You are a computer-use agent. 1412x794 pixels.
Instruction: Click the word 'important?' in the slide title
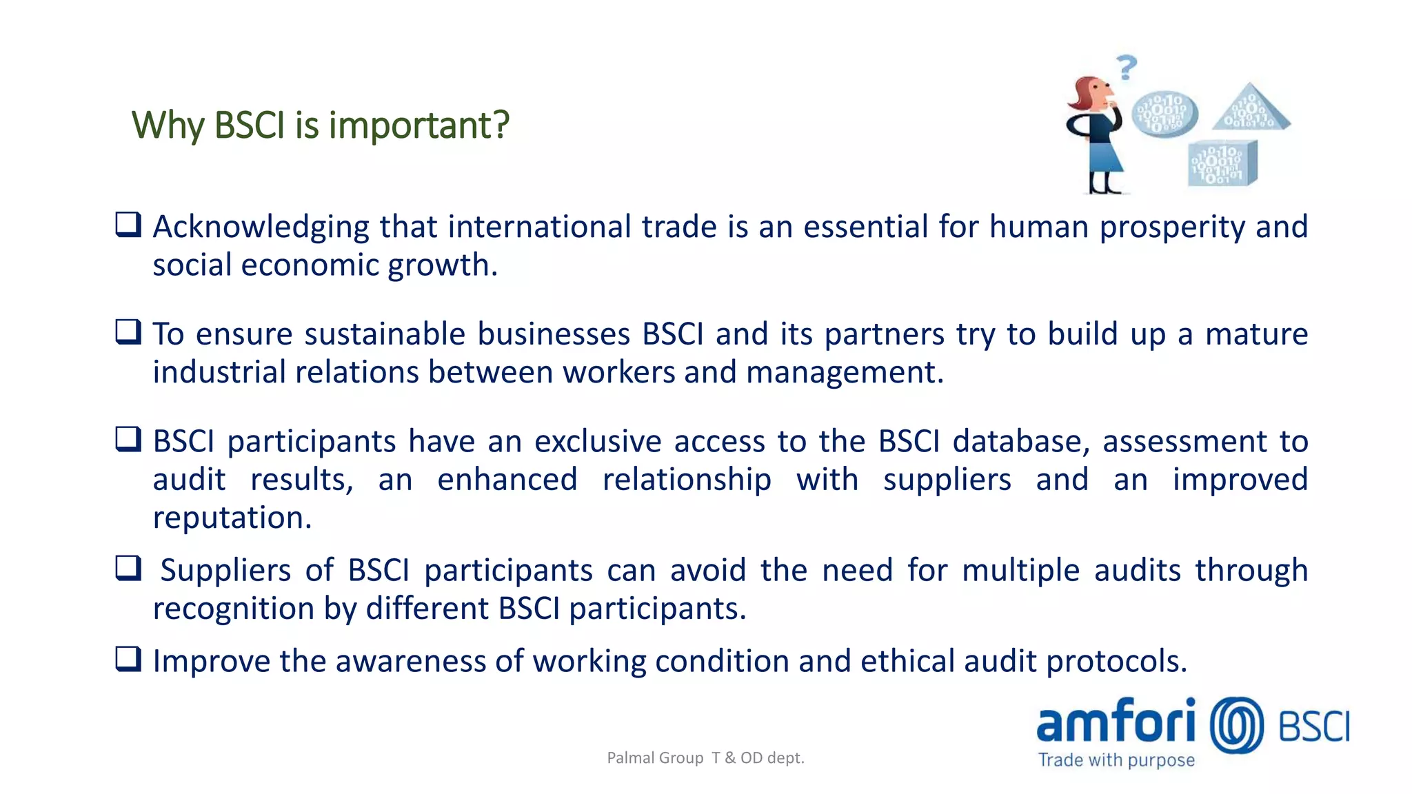tap(418, 125)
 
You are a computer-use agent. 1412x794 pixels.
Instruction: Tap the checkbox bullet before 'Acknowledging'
tap(128, 225)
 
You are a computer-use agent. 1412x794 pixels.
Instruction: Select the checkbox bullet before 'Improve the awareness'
tap(128, 659)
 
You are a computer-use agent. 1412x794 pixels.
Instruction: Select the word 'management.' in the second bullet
tap(845, 373)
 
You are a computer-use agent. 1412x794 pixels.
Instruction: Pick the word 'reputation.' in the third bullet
tap(232, 518)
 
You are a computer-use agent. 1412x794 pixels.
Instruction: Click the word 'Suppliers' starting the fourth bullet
tap(225, 571)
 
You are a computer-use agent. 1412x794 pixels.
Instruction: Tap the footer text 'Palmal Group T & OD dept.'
tap(705, 758)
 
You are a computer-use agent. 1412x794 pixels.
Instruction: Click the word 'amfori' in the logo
tap(1116, 722)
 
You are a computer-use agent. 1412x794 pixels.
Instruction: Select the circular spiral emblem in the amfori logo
tap(1237, 725)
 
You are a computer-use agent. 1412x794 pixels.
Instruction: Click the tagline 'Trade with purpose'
tap(1116, 760)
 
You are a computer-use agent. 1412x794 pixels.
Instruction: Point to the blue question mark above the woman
tap(1127, 68)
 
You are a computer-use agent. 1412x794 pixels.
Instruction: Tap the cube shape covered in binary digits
tap(1222, 164)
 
